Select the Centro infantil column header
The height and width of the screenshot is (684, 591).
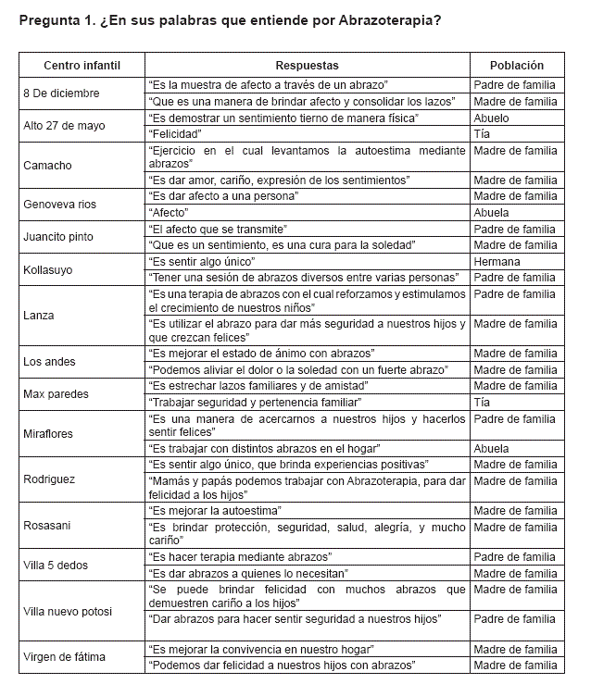82,66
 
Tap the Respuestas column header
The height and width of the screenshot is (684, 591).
307,66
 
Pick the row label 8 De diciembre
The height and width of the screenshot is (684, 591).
63,93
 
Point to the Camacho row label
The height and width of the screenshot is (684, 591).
48,166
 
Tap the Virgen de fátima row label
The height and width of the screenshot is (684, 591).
64,657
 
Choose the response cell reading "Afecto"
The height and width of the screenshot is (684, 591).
169,213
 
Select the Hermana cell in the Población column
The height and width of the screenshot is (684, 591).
497,262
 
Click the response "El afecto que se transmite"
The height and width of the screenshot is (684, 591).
218,229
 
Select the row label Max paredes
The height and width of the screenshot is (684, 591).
57,393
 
